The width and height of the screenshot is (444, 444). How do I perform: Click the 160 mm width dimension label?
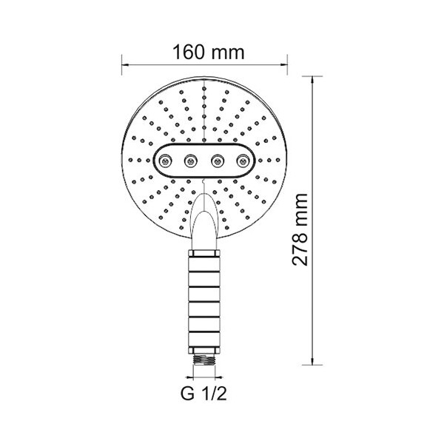208,52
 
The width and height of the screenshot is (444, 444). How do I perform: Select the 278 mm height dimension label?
300,229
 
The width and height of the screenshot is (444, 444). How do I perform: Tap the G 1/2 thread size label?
204,394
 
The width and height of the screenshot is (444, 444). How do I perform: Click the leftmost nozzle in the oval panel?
165,161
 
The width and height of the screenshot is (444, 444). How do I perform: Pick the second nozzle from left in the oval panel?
190,161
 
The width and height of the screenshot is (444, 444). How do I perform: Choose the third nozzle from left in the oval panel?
218,161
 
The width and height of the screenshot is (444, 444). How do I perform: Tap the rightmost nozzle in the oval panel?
243,161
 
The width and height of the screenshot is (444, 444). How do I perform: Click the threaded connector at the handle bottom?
204,360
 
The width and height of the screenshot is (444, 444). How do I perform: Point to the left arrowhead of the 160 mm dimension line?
125,65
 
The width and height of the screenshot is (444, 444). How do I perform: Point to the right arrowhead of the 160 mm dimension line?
284,65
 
